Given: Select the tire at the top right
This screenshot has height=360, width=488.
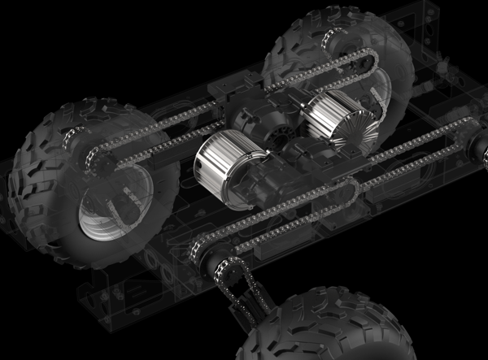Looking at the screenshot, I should click(358, 49).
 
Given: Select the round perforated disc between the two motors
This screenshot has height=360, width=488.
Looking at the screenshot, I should click(281, 130).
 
